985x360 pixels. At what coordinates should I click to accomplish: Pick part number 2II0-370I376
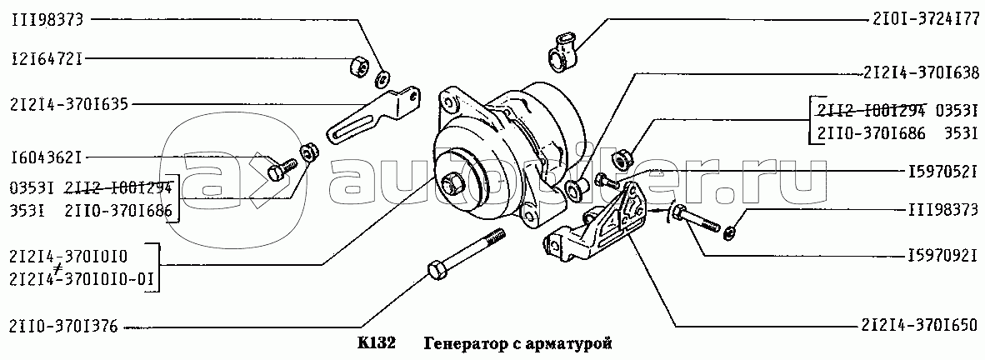62,326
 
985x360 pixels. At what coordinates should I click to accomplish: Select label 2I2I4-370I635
68,105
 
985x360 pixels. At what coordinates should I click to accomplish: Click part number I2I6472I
47,60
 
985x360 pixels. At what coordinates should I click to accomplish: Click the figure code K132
377,344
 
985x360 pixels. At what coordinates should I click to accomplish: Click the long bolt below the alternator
466,253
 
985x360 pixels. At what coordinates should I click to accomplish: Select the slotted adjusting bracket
373,113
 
